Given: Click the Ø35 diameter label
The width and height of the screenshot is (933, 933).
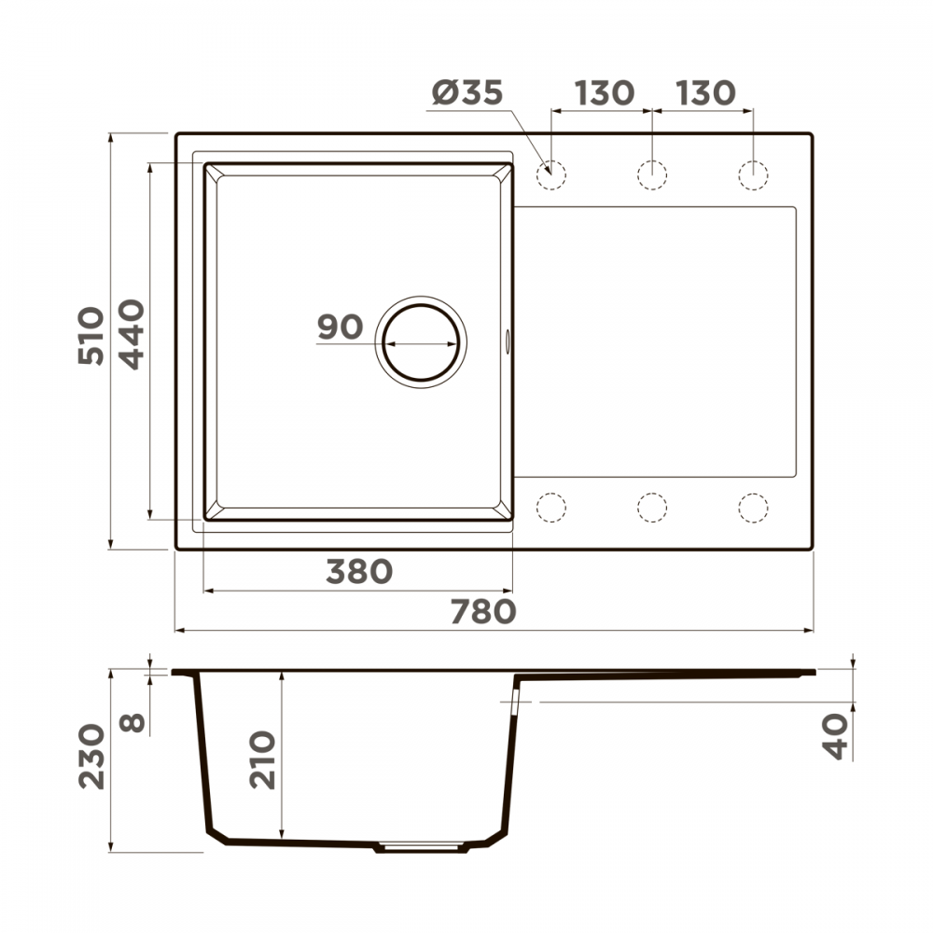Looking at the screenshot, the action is coord(467,92).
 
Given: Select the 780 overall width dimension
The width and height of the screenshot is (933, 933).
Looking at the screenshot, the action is coord(483,612).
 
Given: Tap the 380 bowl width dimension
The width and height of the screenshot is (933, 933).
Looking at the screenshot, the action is coord(359,572).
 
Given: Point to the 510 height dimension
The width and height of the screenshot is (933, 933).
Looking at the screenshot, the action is coord(91,336).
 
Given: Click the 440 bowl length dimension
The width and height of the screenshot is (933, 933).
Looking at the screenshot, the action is coord(132,334).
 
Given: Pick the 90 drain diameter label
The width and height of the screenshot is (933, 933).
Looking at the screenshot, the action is coord(340,327).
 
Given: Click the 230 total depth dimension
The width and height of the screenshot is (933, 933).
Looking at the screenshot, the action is coord(91,757).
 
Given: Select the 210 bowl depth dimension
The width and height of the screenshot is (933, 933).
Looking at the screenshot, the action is coord(262,760).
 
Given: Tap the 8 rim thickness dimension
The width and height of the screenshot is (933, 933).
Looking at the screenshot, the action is coord(132,722).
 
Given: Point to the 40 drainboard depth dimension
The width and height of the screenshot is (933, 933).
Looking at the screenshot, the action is coord(835,737).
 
